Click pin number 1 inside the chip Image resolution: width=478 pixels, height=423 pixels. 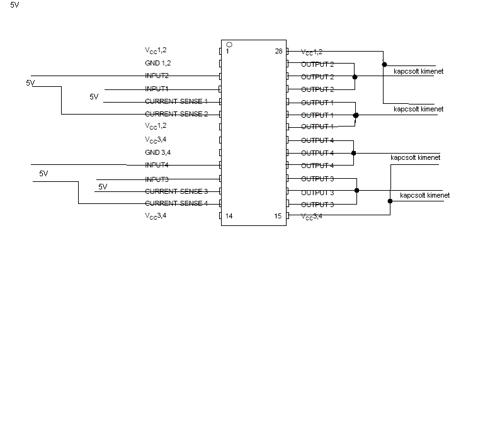point(227,52)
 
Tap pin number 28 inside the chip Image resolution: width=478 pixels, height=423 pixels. point(278,52)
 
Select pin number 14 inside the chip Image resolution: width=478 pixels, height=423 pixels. point(229,216)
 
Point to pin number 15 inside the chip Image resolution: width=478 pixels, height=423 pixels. point(278,216)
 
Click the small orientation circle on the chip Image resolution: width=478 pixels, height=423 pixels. point(229,45)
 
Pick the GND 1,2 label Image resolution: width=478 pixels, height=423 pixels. point(157,64)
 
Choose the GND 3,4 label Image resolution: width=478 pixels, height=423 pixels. point(157,152)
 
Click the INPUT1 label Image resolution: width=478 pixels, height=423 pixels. point(157,89)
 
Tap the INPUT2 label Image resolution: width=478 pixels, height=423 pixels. point(157,76)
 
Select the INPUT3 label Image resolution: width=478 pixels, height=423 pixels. point(157,179)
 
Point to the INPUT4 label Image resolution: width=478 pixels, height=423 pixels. point(157,166)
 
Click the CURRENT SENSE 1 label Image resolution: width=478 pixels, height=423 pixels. point(176,101)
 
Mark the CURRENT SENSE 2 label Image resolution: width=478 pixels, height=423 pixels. point(176,114)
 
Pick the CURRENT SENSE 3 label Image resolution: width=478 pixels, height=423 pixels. point(176,191)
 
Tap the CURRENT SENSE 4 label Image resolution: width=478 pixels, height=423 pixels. point(176,203)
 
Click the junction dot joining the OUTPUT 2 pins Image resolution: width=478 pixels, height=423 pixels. point(355,77)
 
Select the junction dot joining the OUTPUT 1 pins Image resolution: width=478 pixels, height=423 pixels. point(356,115)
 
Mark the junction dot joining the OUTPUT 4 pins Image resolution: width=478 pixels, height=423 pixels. point(353,153)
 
